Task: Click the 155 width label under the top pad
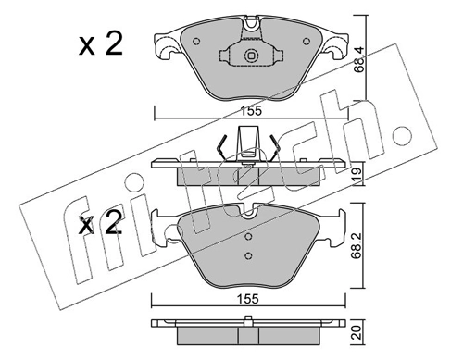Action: pyautogui.click(x=245, y=110)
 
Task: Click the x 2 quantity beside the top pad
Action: pyautogui.click(x=99, y=46)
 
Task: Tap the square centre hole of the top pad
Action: pyautogui.click(x=249, y=57)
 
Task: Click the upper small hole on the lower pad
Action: pyautogui.click(x=247, y=233)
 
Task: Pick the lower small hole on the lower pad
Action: pyautogui.click(x=247, y=255)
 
